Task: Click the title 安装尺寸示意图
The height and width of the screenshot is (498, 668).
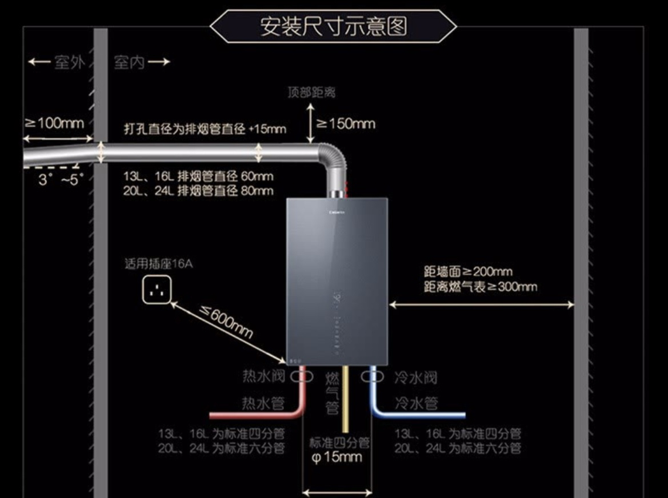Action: pyautogui.click(x=334, y=26)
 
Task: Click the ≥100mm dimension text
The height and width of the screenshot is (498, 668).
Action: pyautogui.click(x=54, y=123)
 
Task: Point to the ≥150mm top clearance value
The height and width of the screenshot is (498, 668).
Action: pyautogui.click(x=346, y=123)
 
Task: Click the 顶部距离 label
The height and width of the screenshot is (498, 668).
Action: pyautogui.click(x=311, y=93)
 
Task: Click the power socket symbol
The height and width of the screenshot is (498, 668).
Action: pyautogui.click(x=157, y=290)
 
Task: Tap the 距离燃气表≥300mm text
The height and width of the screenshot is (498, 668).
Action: pyautogui.click(x=481, y=287)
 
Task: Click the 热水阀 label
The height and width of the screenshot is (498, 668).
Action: pyautogui.click(x=263, y=377)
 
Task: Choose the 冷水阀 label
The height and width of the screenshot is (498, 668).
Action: pyautogui.click(x=415, y=377)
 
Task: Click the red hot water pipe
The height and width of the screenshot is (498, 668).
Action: pyautogui.click(x=257, y=414)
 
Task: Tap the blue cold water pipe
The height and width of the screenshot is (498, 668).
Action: pyautogui.click(x=423, y=414)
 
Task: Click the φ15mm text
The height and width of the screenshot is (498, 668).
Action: pyautogui.click(x=337, y=457)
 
